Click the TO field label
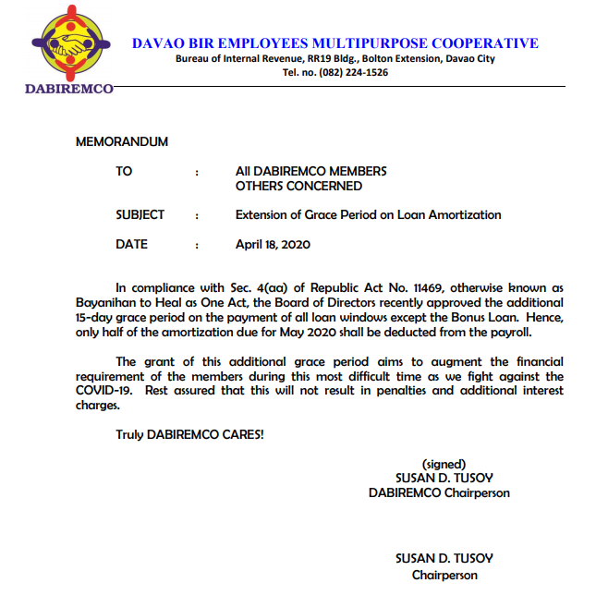point(124,171)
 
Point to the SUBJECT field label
point(140,215)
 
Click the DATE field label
point(131,245)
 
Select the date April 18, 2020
point(273,245)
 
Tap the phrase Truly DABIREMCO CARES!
point(189,435)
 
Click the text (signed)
point(444,464)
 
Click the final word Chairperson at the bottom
point(444,574)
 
